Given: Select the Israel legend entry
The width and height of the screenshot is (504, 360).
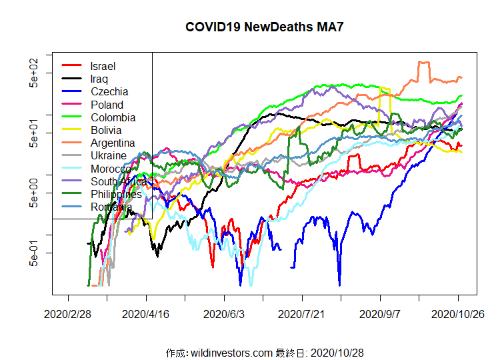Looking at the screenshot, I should point(103,66).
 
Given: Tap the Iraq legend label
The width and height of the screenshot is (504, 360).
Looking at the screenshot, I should point(99,79).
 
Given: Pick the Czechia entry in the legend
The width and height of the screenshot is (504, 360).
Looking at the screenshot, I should point(109,92).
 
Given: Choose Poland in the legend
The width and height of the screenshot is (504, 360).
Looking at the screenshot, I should point(107,105).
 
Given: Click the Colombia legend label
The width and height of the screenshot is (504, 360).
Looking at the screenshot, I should point(113,117).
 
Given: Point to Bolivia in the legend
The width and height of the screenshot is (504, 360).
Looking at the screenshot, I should point(107,130).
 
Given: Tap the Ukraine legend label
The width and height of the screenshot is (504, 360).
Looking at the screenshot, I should point(109,155).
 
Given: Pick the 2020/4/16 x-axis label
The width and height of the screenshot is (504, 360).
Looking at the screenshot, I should point(147,314).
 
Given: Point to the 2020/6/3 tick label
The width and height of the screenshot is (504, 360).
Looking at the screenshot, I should point(225,314).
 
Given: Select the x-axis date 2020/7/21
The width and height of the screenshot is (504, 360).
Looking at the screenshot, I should point(303,314).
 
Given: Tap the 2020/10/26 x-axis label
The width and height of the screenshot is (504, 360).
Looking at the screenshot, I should point(457,314).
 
